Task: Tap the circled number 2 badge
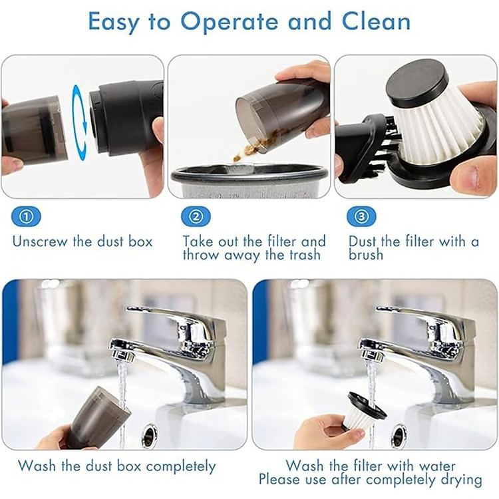196,216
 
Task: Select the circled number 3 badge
362,216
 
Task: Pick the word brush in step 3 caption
366,255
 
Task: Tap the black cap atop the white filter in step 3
417,79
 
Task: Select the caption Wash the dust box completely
116,466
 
